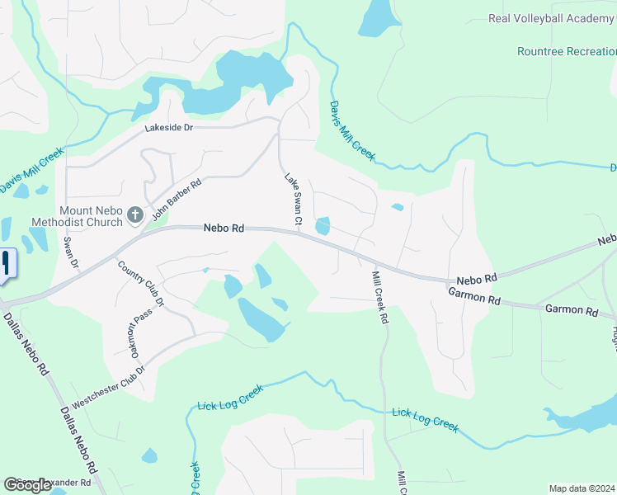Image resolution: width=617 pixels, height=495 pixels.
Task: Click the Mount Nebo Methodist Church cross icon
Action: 135,216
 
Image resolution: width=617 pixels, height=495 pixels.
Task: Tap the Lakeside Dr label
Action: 168,128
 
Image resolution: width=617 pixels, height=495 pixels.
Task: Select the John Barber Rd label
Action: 176,201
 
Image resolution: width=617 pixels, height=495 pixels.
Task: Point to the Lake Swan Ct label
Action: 294,200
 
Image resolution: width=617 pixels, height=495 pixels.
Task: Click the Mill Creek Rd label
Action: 380,297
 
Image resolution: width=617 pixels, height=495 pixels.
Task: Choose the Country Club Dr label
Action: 141,284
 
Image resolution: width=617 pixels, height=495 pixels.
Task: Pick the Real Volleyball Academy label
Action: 552,18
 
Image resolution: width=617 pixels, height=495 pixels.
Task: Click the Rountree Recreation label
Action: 567,51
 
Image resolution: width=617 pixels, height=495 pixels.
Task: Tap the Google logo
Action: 28,485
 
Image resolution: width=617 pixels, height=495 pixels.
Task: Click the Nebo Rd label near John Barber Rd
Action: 224,228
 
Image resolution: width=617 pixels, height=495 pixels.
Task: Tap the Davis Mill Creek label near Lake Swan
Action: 352,130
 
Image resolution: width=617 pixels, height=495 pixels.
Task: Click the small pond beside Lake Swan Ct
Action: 323,225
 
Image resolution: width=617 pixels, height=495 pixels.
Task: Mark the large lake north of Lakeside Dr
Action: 239,82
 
